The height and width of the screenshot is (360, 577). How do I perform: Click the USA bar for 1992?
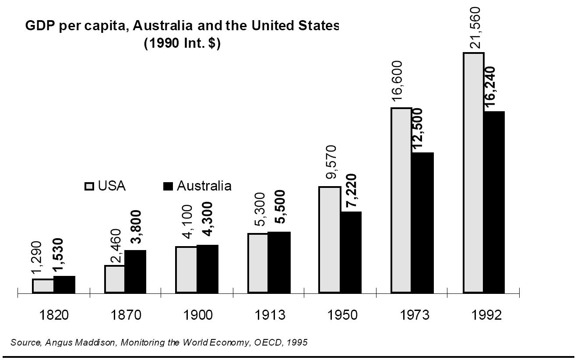coord(473,173)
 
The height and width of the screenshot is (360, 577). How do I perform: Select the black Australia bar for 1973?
coord(422,222)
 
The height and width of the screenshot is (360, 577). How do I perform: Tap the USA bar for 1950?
coord(330,240)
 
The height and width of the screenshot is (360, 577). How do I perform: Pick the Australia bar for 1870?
coord(135,272)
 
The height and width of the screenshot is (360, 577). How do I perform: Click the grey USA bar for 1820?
coord(43,286)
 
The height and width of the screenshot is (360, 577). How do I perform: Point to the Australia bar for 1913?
coord(279,262)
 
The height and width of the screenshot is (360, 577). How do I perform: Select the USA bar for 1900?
coord(186,270)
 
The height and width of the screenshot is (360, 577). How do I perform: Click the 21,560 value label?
coord(475,28)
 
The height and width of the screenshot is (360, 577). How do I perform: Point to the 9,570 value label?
coord(332,162)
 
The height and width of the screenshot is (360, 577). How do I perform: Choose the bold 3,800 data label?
coord(137,227)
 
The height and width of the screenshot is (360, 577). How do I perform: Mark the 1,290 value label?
coord(38,259)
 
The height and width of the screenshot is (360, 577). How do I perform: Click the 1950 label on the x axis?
coord(342,315)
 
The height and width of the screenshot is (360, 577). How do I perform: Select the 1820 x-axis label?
coord(54,315)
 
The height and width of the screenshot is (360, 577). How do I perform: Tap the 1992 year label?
coord(486,315)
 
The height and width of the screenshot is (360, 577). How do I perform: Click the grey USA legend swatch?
coord(89,187)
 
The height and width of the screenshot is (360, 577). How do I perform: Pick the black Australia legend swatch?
coord(168,187)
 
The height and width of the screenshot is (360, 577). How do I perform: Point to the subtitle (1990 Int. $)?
coord(182,45)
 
